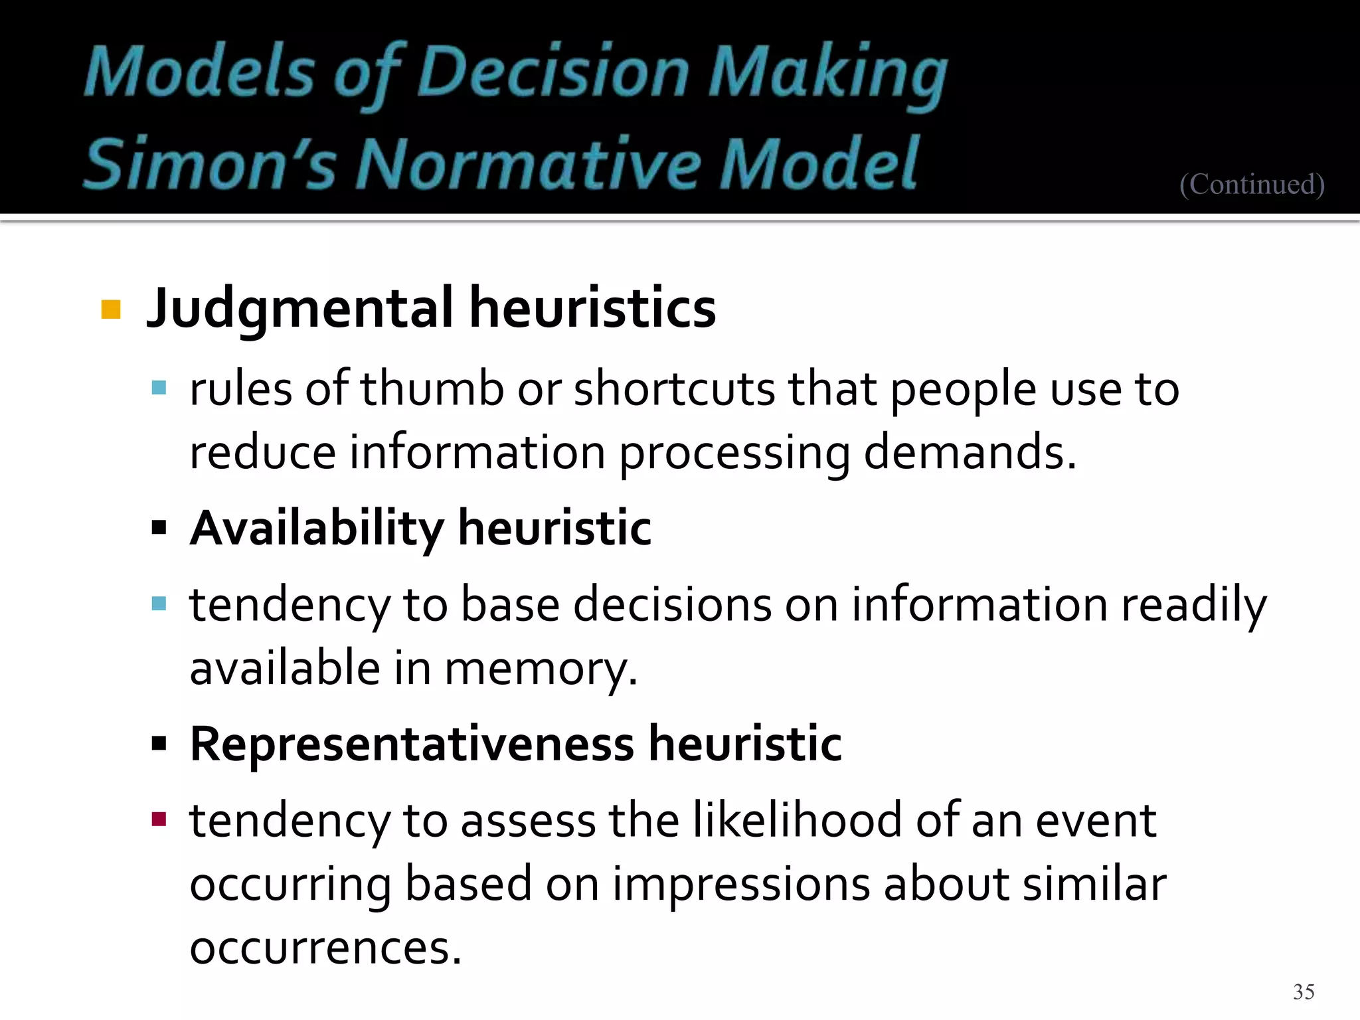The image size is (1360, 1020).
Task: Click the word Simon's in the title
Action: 211,163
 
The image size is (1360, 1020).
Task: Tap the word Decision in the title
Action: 554,73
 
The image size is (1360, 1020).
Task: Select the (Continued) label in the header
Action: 1252,184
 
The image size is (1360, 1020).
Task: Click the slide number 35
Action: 1304,991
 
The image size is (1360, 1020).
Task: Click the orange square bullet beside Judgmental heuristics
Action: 111,309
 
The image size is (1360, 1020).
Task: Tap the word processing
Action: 734,453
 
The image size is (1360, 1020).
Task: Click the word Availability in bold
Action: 317,529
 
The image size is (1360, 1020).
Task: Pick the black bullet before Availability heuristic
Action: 159,529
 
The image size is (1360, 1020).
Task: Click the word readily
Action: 1194,606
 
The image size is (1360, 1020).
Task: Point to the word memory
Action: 541,669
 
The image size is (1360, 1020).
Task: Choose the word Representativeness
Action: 412,744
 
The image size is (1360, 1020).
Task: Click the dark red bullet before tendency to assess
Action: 159,819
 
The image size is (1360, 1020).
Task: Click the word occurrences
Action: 325,948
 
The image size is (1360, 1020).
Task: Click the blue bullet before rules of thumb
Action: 159,388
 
